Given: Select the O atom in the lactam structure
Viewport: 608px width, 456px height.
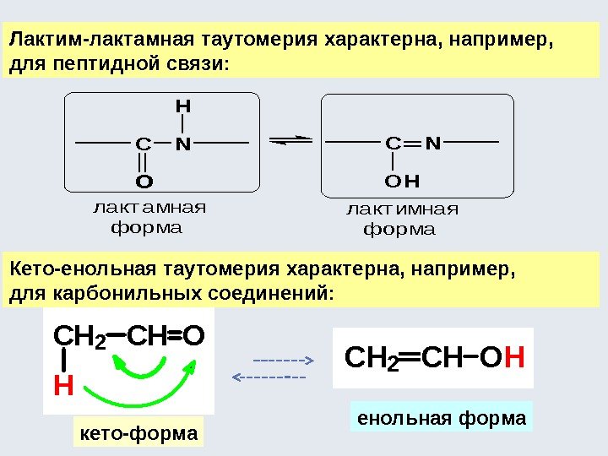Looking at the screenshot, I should (x=144, y=181).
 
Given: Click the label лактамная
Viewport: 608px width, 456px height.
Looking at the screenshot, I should (x=149, y=208).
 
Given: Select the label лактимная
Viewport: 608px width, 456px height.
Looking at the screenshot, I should (x=403, y=209).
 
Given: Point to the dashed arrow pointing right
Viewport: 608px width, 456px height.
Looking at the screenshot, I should (x=283, y=359).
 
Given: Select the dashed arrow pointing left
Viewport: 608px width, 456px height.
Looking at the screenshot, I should (x=269, y=376).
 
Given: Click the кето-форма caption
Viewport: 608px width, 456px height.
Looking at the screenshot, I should (x=138, y=433).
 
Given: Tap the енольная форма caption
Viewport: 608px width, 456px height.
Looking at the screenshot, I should (x=442, y=418).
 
